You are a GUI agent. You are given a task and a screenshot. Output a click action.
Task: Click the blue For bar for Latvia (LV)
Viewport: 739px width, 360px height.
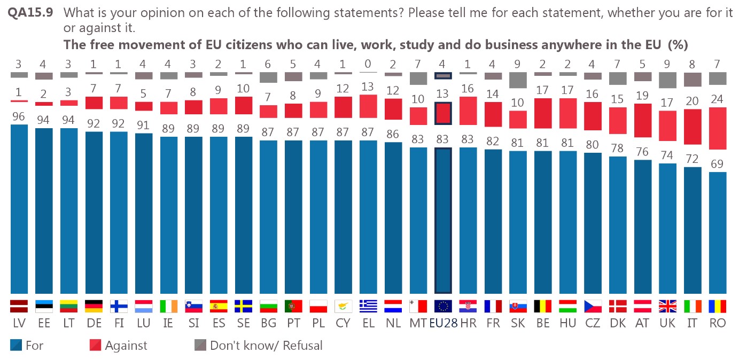(x=19, y=208)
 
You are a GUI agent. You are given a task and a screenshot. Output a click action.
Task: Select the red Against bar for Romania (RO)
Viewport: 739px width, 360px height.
(x=718, y=128)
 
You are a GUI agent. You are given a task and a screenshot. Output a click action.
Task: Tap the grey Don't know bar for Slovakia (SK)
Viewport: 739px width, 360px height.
(x=518, y=80)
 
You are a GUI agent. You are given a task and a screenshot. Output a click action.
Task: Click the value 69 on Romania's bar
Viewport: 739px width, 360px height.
(x=718, y=164)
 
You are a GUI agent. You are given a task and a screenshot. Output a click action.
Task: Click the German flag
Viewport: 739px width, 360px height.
(x=94, y=306)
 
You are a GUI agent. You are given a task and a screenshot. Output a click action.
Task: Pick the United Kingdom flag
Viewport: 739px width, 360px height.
(x=668, y=306)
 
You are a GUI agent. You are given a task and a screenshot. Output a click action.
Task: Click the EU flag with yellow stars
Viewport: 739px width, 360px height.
(x=443, y=306)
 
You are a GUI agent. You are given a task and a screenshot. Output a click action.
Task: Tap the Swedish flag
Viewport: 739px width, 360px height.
(x=243, y=306)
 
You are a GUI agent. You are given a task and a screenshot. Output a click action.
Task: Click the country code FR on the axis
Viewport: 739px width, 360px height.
(x=493, y=324)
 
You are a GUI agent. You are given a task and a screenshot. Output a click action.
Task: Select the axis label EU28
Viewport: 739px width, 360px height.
(x=443, y=324)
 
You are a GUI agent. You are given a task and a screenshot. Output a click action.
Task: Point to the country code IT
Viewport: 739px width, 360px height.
(x=693, y=324)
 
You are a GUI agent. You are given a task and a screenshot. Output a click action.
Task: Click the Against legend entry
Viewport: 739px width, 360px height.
(x=126, y=346)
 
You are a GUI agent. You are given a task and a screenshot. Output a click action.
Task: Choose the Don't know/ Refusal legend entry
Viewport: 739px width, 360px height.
(x=266, y=346)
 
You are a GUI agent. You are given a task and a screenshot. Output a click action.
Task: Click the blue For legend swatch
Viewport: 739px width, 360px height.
(x=16, y=346)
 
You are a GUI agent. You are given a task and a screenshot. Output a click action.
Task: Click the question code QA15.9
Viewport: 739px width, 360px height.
(x=30, y=12)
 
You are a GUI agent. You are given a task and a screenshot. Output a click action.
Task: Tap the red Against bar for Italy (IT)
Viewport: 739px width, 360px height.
(x=693, y=127)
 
